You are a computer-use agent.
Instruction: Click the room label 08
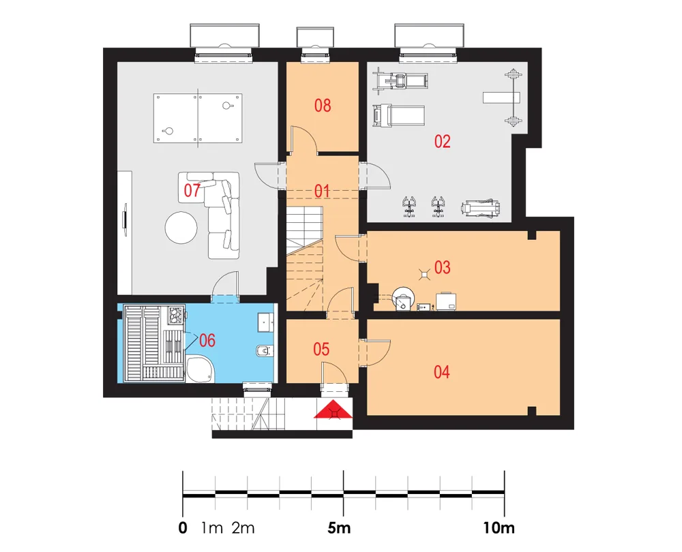[x=323, y=106]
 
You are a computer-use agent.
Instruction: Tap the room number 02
[x=443, y=142]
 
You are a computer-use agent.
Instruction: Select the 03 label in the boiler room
[x=443, y=267]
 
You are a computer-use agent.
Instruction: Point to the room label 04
[x=441, y=372]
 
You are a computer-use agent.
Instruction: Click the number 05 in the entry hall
[x=321, y=349]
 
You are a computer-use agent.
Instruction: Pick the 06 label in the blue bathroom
[x=207, y=340]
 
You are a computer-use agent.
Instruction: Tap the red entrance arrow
[x=333, y=409]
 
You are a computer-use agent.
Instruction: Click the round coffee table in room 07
[x=181, y=228]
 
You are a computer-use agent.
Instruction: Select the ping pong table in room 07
[x=198, y=117]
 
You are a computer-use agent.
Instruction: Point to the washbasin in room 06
[x=265, y=322]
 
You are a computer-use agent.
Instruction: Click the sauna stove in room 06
[x=176, y=314]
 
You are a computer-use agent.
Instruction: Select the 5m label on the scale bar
[x=339, y=528]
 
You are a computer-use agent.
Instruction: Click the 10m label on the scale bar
[x=499, y=528]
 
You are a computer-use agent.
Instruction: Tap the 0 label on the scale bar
[x=183, y=528]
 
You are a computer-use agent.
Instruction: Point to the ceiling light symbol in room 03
[x=424, y=274]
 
